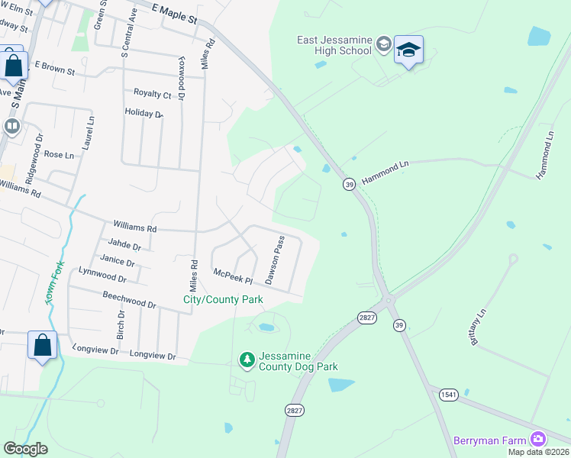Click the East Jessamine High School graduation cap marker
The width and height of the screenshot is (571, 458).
(408, 50)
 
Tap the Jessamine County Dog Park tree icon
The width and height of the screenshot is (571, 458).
(247, 358)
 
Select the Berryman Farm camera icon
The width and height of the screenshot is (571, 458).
(539, 438)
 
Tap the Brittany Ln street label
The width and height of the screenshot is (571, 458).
(478, 327)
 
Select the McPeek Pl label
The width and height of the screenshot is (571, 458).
(233, 275)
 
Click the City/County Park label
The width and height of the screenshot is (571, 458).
(223, 300)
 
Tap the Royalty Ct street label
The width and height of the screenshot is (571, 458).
(153, 94)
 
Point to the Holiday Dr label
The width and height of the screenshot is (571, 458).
(144, 114)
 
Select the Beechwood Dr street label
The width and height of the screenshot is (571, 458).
(131, 298)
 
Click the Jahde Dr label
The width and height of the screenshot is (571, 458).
(124, 245)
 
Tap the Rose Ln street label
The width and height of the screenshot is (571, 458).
(59, 154)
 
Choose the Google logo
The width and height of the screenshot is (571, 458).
(26, 449)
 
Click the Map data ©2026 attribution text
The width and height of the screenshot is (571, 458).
(538, 452)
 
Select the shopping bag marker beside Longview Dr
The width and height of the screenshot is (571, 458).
(43, 344)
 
